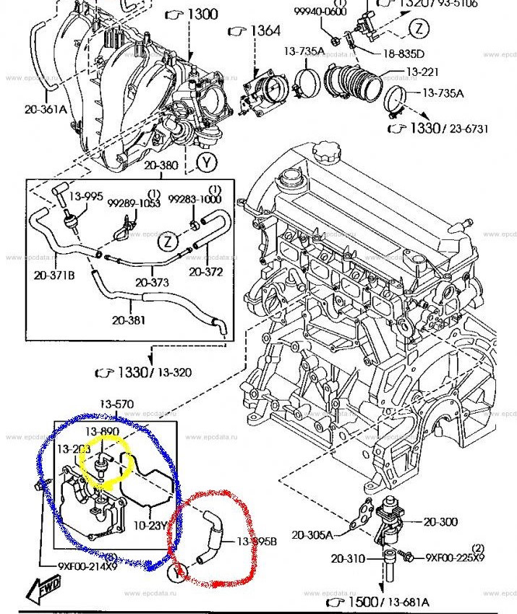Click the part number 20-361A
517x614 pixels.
click(45, 109)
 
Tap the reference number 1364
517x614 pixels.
click(265, 30)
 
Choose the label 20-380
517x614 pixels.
click(161, 165)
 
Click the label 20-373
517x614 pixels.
click(152, 282)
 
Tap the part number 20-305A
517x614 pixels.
click(312, 535)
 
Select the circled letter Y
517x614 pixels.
click(208, 162)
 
